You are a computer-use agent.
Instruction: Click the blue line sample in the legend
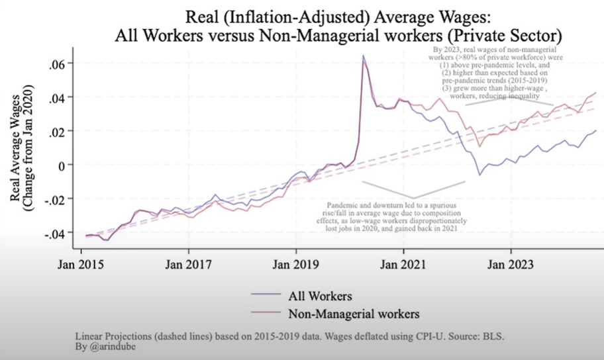coord(267,295)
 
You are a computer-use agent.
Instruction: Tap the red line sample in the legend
coord(267,311)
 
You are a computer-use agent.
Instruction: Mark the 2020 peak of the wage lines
coord(364,56)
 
